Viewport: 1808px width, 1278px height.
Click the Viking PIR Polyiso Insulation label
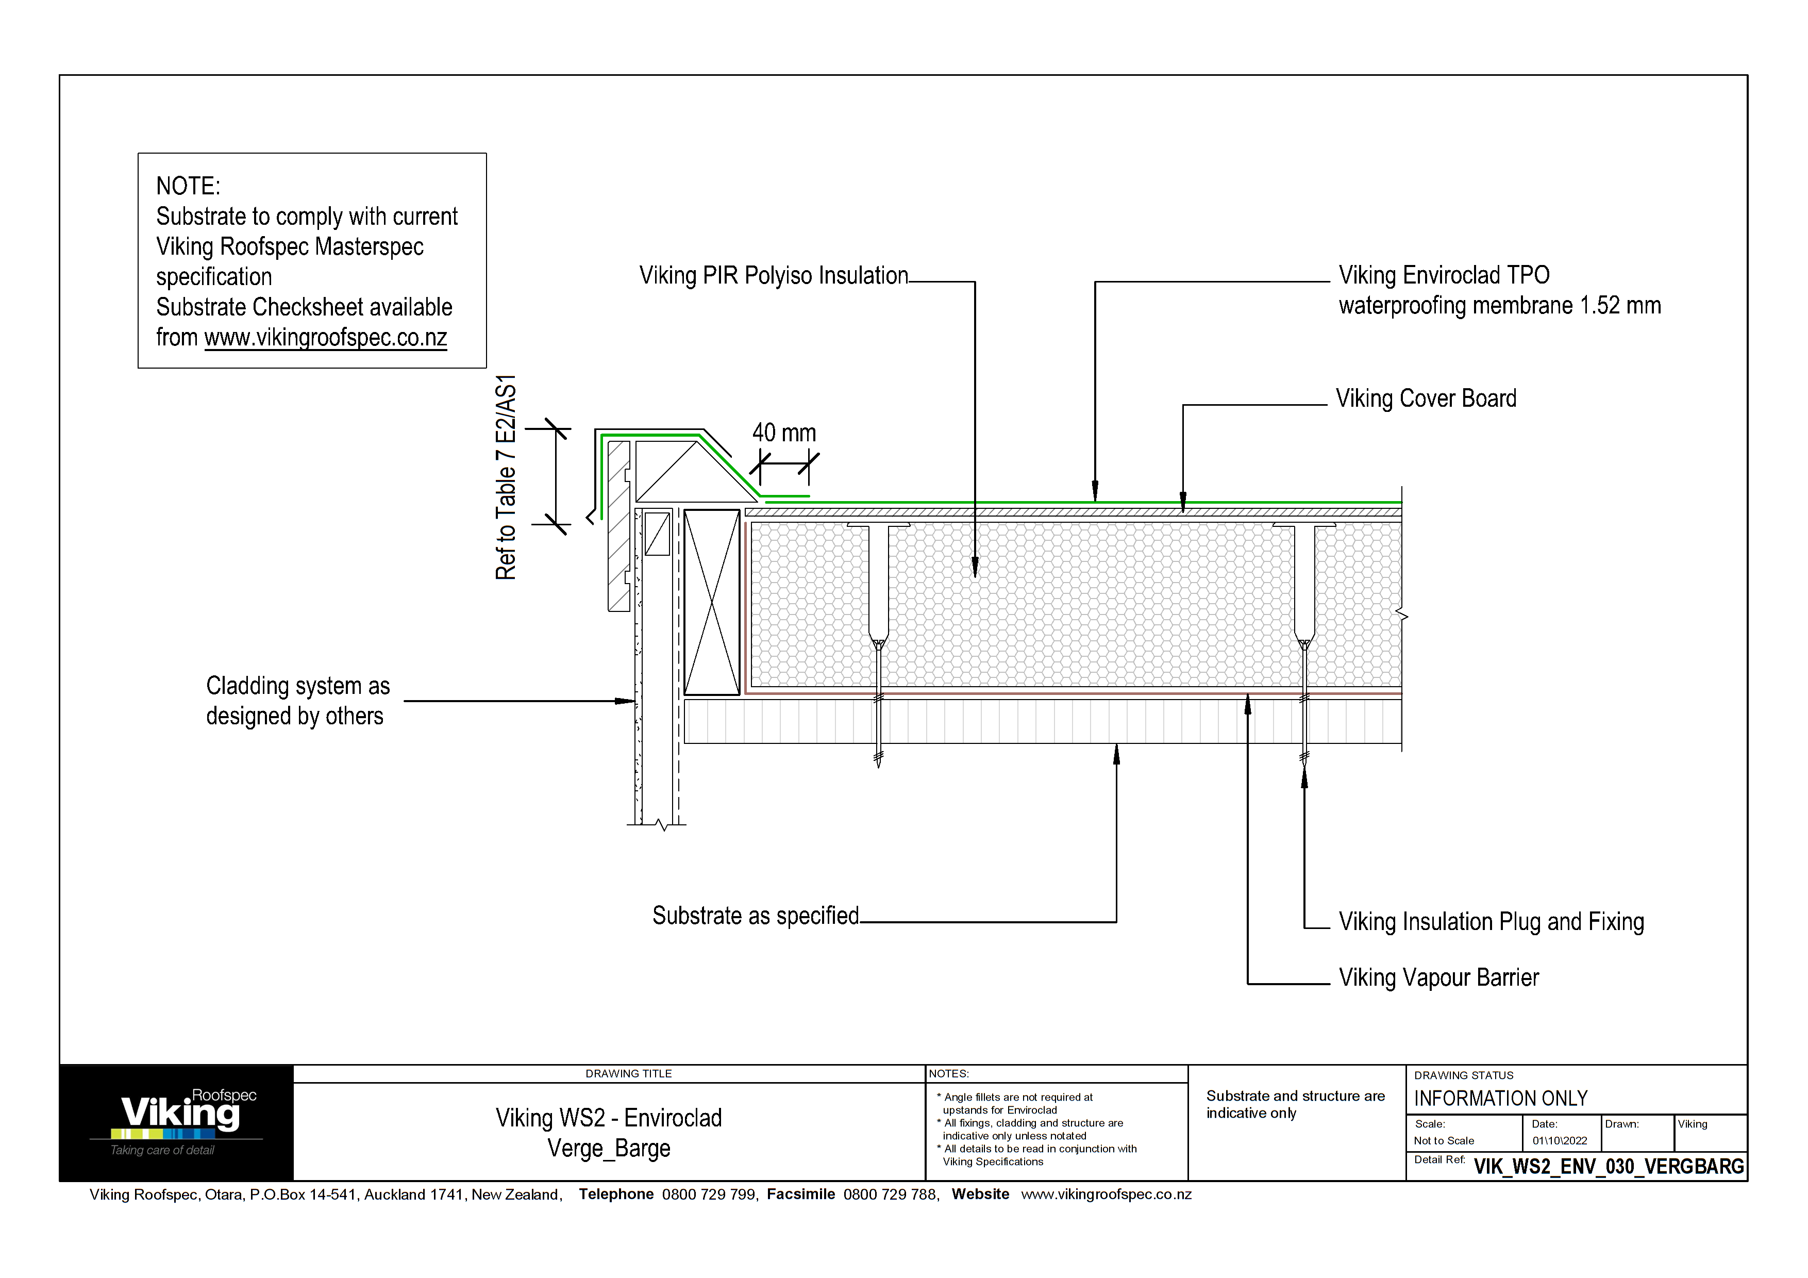[773, 276]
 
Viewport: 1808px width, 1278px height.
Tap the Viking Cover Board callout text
[1425, 399]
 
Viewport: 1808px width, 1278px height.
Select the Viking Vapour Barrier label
[1438, 978]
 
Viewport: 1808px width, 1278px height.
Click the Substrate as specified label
[755, 916]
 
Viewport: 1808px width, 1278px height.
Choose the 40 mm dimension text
[783, 433]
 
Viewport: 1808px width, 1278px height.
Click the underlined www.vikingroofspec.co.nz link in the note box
[325, 338]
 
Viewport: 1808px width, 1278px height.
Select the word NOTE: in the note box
[188, 187]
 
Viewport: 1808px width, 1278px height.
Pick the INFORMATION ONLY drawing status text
[1500, 1099]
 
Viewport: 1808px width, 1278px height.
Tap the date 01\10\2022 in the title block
[1559, 1141]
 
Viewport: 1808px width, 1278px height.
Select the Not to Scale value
[1444, 1141]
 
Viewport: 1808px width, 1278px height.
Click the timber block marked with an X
[711, 602]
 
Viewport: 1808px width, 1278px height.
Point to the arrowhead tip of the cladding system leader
[634, 701]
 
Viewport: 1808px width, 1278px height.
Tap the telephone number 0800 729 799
[709, 1194]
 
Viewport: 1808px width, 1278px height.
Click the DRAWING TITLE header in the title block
[628, 1074]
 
